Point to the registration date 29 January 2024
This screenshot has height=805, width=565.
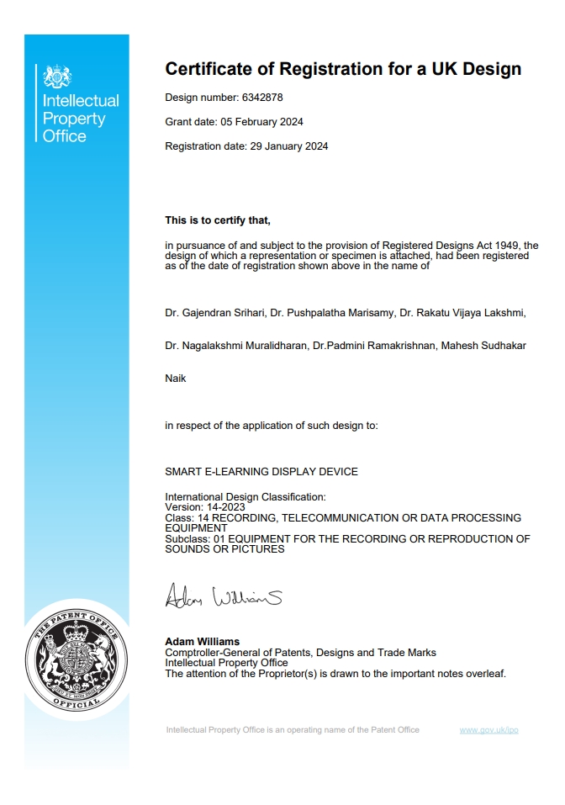click(x=288, y=146)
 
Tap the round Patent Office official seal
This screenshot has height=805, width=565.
click(x=77, y=655)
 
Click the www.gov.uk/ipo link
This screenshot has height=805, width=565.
click(x=488, y=729)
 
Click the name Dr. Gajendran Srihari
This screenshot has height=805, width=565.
click(x=214, y=314)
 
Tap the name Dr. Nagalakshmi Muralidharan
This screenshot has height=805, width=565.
click(x=236, y=346)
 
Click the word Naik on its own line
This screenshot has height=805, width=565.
click(x=176, y=379)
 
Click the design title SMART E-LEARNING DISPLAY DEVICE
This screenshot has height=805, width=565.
click(x=261, y=472)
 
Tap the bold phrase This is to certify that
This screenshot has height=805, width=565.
click(x=218, y=220)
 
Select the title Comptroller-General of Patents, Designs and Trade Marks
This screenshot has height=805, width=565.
click(x=300, y=653)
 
